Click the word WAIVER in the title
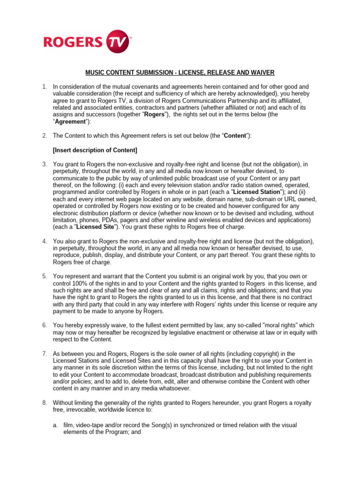pos(261,72)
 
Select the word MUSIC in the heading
pos(95,72)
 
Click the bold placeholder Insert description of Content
pos(95,150)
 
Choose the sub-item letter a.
pos(55,425)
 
